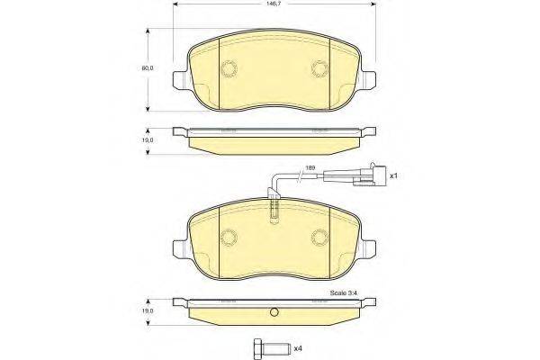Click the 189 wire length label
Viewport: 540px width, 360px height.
310,168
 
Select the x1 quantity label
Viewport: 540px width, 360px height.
393,176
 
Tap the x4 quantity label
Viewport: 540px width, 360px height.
299,347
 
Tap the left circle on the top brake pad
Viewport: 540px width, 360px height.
229,68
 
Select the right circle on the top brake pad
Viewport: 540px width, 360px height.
319,68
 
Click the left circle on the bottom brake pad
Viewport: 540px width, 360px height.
229,238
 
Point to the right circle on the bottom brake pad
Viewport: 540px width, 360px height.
319,238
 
